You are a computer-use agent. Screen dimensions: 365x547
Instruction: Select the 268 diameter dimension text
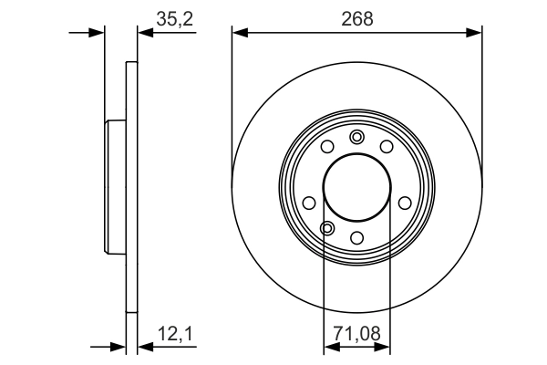click(x=357, y=17)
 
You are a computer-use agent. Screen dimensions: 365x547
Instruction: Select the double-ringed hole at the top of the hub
click(x=356, y=138)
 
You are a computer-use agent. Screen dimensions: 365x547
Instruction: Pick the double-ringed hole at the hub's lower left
click(x=327, y=227)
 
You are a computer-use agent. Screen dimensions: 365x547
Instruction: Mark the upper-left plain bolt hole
click(x=327, y=148)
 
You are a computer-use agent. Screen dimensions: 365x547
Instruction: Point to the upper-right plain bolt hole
click(x=387, y=148)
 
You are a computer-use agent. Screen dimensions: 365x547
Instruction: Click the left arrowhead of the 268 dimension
click(x=240, y=33)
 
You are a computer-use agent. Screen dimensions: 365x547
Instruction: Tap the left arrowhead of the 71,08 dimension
click(x=331, y=347)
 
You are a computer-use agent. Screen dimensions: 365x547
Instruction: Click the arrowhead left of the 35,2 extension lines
click(x=98, y=33)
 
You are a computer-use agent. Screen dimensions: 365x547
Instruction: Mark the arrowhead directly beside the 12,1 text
click(x=145, y=347)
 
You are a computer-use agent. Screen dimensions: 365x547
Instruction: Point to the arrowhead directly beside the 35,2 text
click(x=145, y=33)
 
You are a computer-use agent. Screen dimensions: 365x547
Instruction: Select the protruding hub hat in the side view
click(x=115, y=187)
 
